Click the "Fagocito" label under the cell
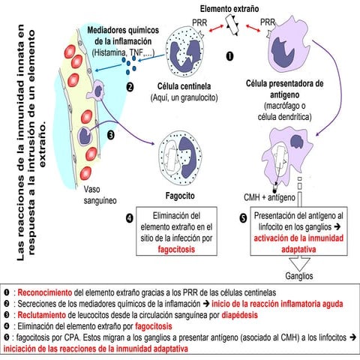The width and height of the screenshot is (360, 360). click(175, 193)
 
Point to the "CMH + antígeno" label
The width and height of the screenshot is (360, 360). click(270, 197)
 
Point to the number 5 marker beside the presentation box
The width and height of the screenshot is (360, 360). click(242, 218)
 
